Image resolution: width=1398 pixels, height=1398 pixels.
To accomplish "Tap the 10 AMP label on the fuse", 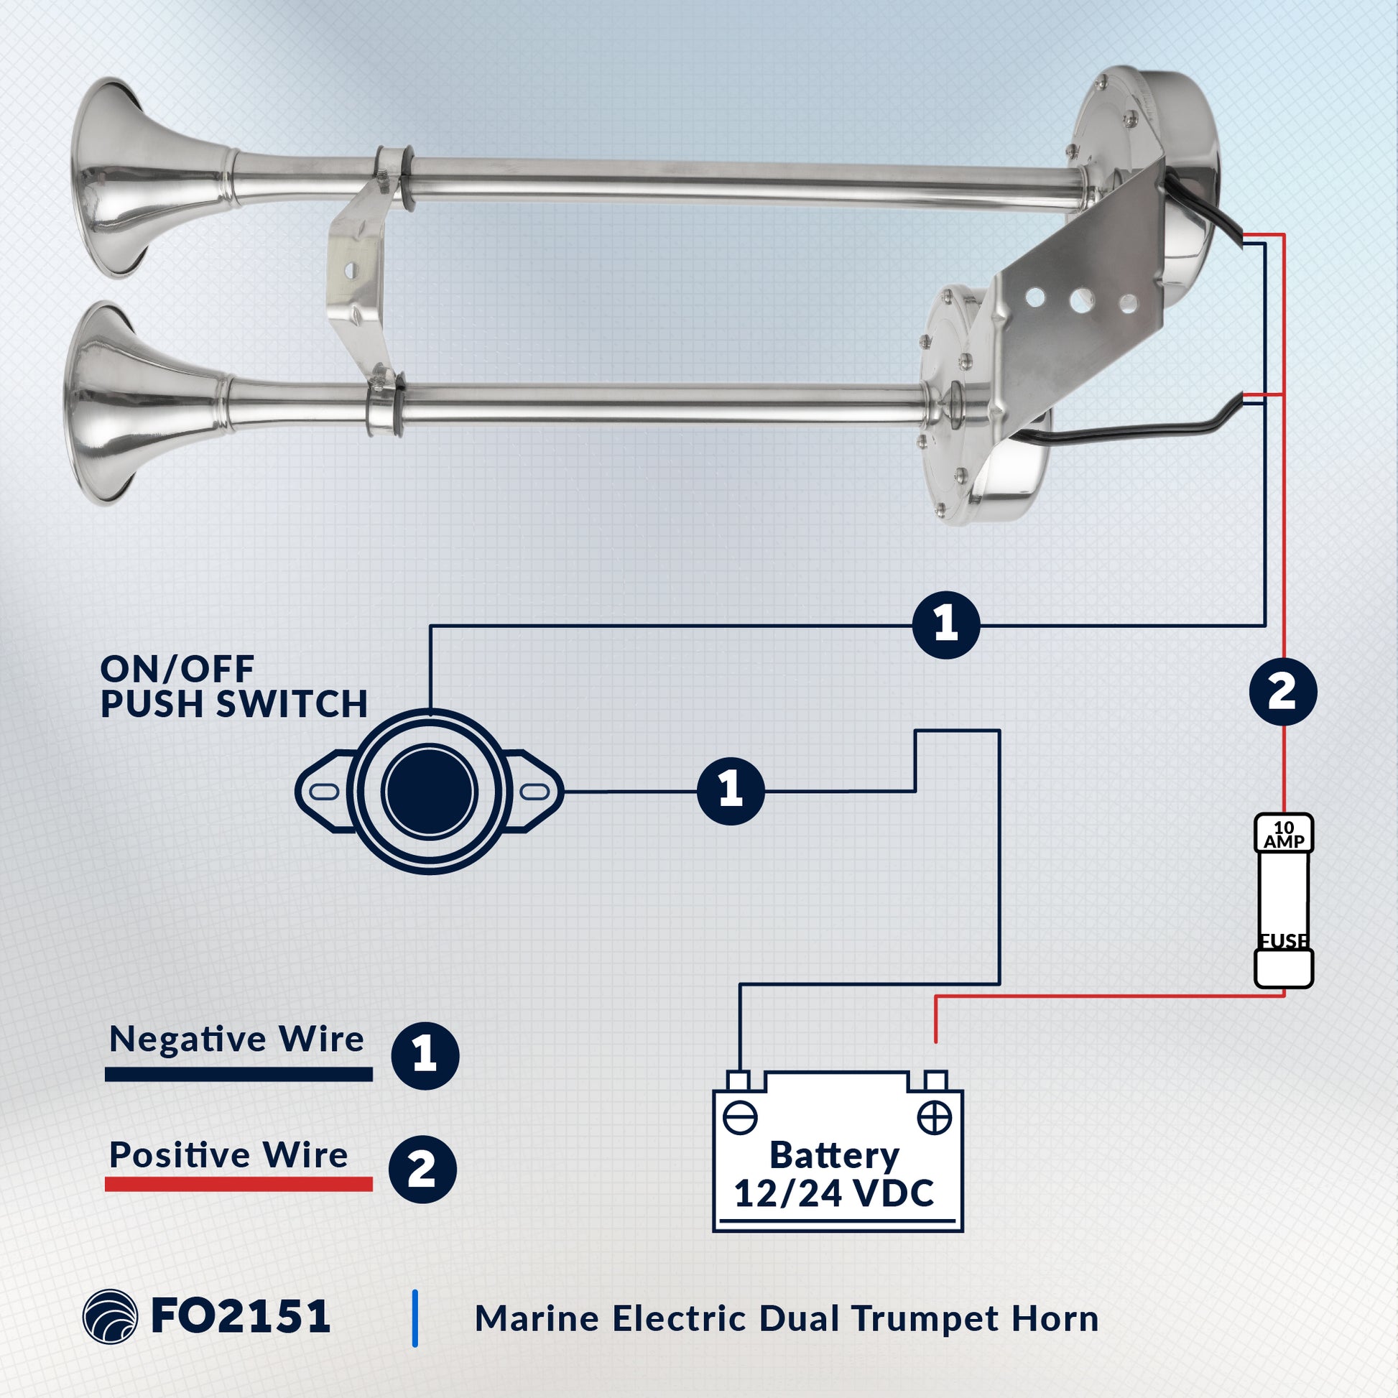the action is click(1284, 834).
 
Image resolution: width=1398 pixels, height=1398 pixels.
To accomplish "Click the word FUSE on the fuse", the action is click(1284, 940).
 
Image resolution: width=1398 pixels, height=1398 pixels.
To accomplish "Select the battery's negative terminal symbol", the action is click(739, 1118).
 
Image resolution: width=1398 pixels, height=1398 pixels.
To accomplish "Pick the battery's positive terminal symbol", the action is click(934, 1118).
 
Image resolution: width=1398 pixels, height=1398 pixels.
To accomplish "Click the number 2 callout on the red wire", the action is click(1283, 692).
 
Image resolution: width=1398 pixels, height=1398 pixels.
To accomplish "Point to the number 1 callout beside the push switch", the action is click(730, 791).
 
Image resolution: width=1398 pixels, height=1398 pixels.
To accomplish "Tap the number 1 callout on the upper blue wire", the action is click(945, 624).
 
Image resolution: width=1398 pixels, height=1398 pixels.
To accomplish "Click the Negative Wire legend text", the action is click(236, 1040).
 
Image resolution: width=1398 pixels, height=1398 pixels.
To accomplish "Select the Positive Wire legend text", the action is click(228, 1155).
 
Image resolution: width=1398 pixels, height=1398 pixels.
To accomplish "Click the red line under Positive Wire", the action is click(239, 1185).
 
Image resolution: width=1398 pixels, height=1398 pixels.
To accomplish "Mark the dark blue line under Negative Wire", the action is click(239, 1074).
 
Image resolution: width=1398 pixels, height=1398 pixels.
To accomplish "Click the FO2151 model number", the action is click(241, 1316).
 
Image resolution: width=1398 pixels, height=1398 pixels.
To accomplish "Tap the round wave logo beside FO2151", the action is click(110, 1317).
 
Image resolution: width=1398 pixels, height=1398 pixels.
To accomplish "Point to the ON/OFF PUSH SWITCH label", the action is click(234, 687).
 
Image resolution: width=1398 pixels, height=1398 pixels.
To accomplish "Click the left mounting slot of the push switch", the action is click(324, 791).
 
